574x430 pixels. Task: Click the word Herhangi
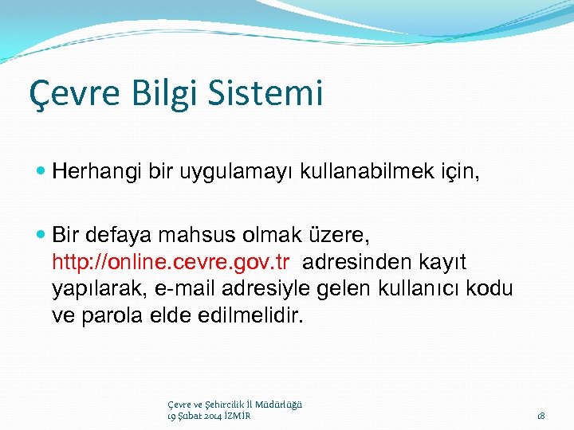(x=96, y=170)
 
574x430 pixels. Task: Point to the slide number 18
(x=541, y=416)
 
